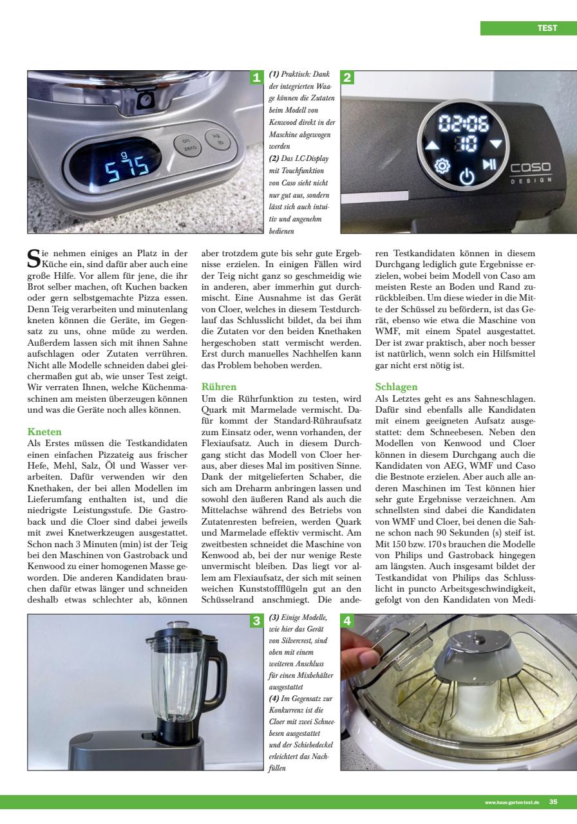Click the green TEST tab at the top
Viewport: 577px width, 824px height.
point(528,28)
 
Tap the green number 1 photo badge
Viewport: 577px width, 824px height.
point(256,78)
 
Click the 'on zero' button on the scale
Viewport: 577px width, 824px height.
point(185,144)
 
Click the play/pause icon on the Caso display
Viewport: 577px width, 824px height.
point(490,164)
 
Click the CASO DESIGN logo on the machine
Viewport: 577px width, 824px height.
point(531,171)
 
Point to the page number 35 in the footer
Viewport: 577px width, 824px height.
point(554,802)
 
